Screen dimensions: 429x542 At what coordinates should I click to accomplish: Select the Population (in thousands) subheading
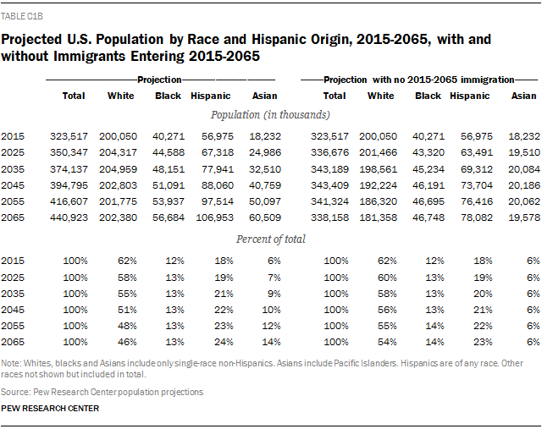(x=271, y=114)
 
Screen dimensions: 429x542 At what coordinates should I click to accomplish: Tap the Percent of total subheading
(x=271, y=239)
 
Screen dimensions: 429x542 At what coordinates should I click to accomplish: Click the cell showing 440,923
(x=69, y=217)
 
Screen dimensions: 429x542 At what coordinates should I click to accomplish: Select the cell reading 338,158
(x=329, y=217)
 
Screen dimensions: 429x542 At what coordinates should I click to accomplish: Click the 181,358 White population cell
(x=376, y=217)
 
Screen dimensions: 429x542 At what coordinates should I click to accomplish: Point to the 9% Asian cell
(x=271, y=294)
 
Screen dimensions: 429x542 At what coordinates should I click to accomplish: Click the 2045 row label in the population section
(x=13, y=185)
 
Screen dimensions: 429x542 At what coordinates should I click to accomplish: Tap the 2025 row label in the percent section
(x=13, y=278)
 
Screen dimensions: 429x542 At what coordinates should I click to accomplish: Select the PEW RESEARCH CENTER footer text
(x=50, y=408)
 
